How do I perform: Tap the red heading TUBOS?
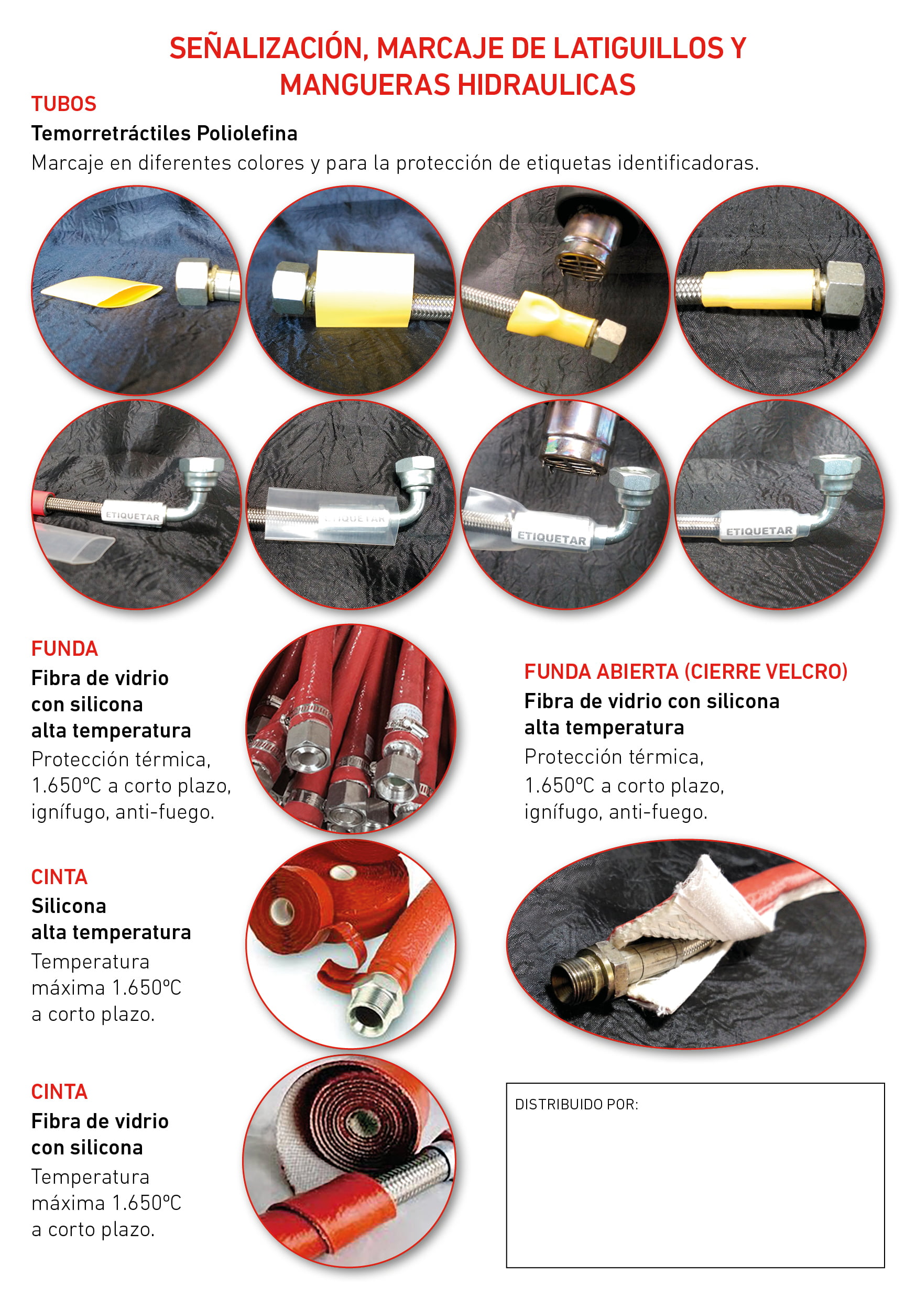click(64, 104)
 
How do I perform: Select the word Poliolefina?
click(247, 134)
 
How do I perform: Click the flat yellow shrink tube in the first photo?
click(101, 291)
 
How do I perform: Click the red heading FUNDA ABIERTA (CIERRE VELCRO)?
click(685, 671)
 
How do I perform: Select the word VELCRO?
click(803, 671)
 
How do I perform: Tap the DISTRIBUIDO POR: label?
click(576, 1104)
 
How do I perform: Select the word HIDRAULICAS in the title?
click(547, 85)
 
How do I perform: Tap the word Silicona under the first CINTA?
click(69, 906)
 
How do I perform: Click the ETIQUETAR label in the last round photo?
click(759, 531)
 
